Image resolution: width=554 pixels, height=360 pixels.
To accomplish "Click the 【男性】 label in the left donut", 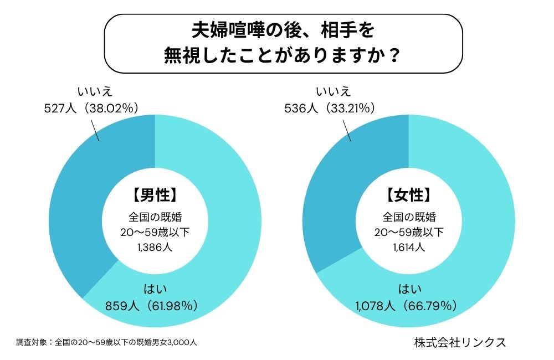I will click(155, 194).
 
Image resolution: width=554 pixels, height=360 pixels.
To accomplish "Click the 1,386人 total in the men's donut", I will click(155, 247).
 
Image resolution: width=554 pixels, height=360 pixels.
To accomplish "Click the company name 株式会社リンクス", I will click(460, 342).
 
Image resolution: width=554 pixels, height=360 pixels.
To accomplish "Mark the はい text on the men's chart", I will click(156, 288).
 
